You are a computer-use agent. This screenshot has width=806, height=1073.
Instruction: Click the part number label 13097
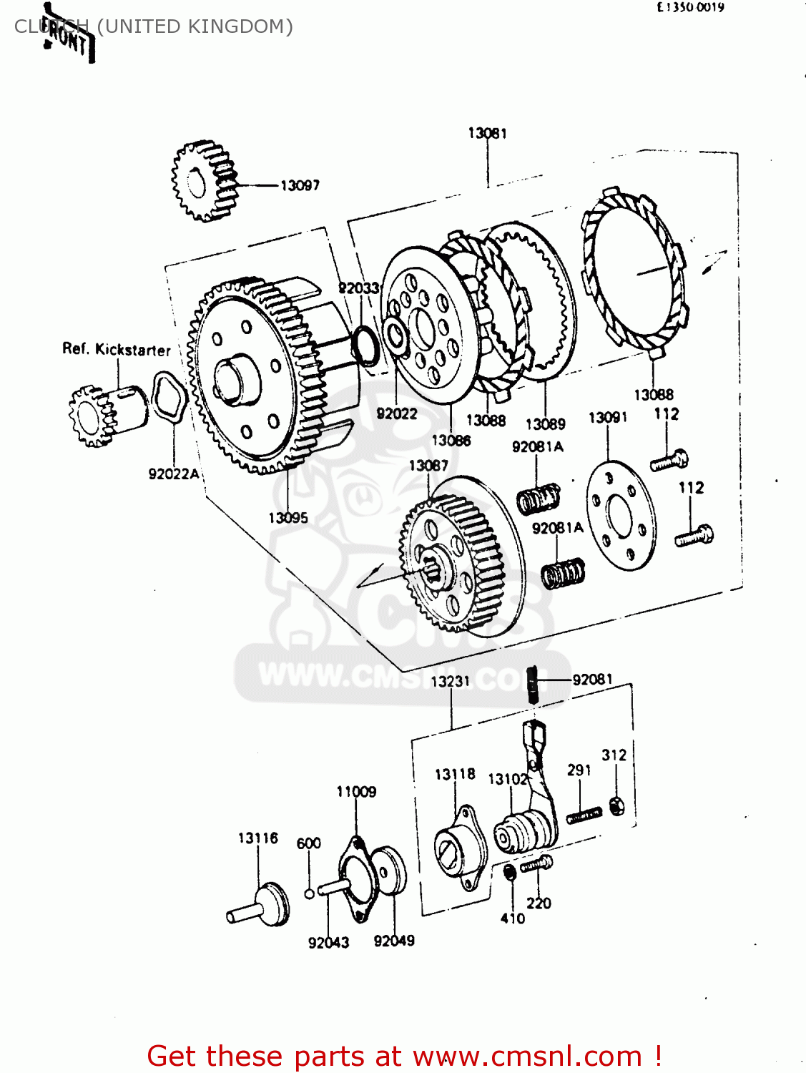click(300, 185)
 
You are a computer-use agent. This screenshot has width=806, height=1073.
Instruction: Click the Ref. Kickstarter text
click(116, 349)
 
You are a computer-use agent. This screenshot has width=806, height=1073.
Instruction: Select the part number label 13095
click(288, 517)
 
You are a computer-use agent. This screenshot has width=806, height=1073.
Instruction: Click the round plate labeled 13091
click(619, 515)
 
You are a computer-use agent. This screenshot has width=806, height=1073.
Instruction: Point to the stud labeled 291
click(584, 815)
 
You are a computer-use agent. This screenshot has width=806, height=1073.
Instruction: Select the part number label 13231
click(450, 681)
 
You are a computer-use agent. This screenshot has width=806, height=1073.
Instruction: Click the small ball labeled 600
click(308, 893)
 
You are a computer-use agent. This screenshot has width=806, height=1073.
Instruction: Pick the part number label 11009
click(356, 791)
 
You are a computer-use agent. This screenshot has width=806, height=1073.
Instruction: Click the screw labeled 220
click(536, 865)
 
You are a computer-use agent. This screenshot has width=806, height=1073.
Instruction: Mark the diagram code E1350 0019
click(690, 8)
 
